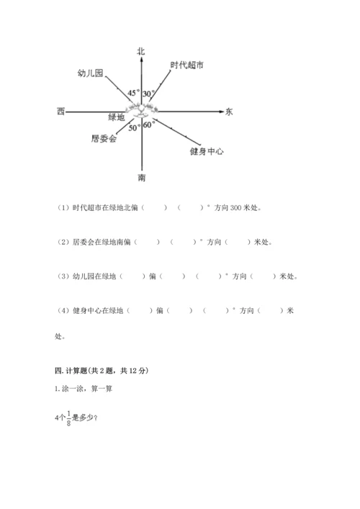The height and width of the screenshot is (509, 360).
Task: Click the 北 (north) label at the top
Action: coord(141,50)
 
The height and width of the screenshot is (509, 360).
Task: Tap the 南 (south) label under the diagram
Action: coord(142,176)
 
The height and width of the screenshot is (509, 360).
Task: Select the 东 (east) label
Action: coord(229,112)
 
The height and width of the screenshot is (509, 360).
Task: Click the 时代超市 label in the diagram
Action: coord(186,66)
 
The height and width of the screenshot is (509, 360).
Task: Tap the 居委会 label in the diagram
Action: coord(104,138)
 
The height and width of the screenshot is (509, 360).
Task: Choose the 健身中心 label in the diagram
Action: coord(207,151)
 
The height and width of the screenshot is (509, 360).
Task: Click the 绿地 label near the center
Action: coord(116,117)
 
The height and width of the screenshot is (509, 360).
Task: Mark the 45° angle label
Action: coord(133,94)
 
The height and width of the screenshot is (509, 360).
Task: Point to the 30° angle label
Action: coord(149,94)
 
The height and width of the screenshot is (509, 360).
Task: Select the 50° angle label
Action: coord(134,127)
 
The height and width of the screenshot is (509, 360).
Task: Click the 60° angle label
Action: coord(149,125)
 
